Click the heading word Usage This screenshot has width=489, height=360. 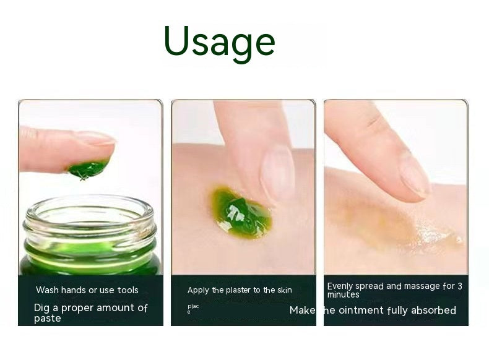point(219,42)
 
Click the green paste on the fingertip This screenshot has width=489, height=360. point(89,168)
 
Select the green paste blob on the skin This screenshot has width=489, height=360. point(242,212)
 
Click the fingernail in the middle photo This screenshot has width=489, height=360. point(278,173)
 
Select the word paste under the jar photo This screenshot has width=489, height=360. point(48,319)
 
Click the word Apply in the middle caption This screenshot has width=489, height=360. point(198,290)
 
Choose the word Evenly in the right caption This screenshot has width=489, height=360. point(339,286)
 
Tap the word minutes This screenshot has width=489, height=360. point(344,295)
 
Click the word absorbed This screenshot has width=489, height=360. point(433,311)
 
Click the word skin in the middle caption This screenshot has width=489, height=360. point(285,290)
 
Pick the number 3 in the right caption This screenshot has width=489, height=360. point(459,286)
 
